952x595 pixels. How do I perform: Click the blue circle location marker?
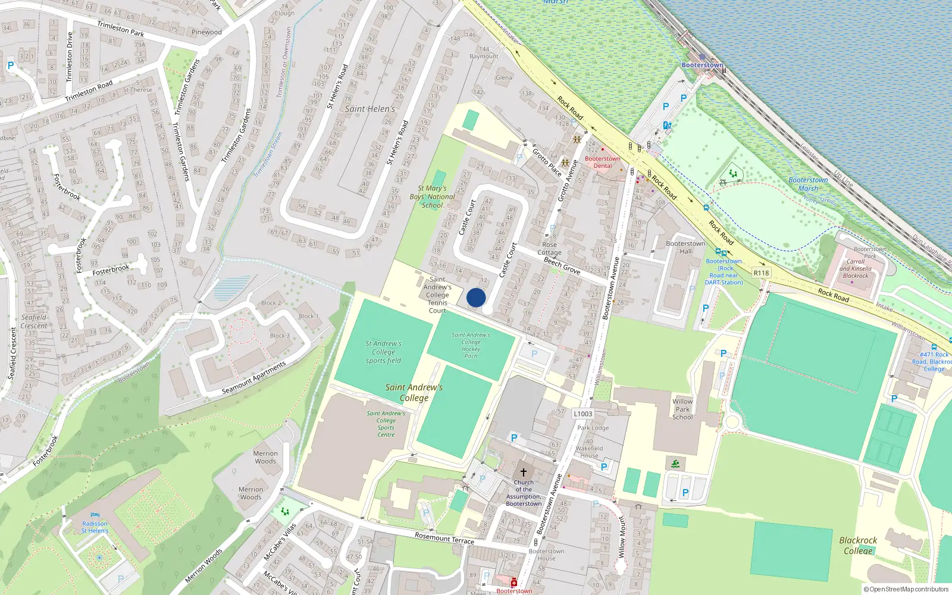476,297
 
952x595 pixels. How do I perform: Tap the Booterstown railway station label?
702,65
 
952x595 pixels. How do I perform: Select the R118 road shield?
761,273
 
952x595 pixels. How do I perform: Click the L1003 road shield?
583,414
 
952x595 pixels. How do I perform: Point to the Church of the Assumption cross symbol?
524,472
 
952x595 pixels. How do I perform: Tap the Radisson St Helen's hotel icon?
95,515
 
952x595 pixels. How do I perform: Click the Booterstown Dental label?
602,162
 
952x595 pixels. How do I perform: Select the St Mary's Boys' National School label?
433,197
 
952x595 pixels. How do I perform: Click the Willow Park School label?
682,409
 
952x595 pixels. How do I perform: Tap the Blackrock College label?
858,546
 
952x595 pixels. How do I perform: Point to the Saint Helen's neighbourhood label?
370,109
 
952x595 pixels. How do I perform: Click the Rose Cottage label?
549,248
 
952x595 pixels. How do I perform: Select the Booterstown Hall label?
685,247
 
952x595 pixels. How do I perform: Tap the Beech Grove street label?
562,265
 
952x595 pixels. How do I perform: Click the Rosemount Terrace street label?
444,538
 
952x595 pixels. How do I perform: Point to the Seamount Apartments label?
253,378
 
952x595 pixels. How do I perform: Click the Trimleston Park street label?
120,29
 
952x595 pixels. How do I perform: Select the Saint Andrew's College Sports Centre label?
386,424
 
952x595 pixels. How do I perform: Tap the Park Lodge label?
593,428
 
